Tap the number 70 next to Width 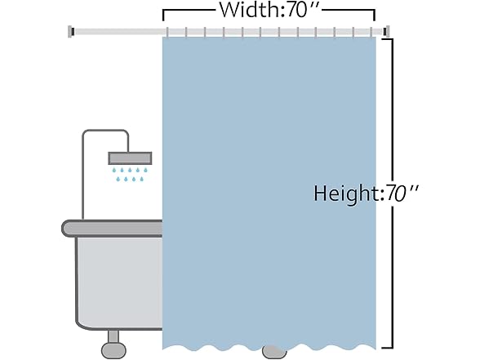point(297,10)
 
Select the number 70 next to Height point(397,193)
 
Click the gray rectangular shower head point(130,158)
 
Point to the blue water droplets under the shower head point(130,174)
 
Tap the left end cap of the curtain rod point(71,32)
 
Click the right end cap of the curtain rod point(386,32)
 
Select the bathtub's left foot point(113,344)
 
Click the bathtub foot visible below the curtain point(274,352)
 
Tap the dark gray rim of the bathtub point(113,229)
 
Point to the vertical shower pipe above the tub point(83,175)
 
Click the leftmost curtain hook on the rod point(167,33)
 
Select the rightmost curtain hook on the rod point(371,33)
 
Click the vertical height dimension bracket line point(392,193)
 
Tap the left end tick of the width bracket point(163,16)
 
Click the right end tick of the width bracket point(374,16)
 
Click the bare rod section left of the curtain point(118,32)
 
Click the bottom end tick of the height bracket point(387,348)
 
